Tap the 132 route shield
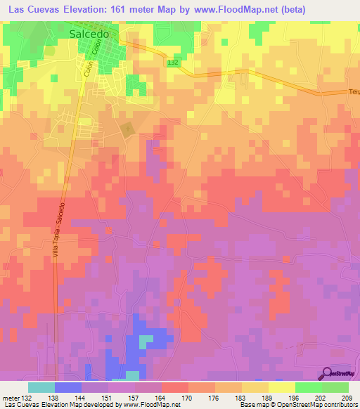pos(174,63)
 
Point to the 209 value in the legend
pos(349,398)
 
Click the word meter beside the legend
pos(10,398)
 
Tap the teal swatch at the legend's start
pos(41,387)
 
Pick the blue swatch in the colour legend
pos(68,387)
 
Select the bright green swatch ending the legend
pos(335,387)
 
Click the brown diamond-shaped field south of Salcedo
pos(127,130)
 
